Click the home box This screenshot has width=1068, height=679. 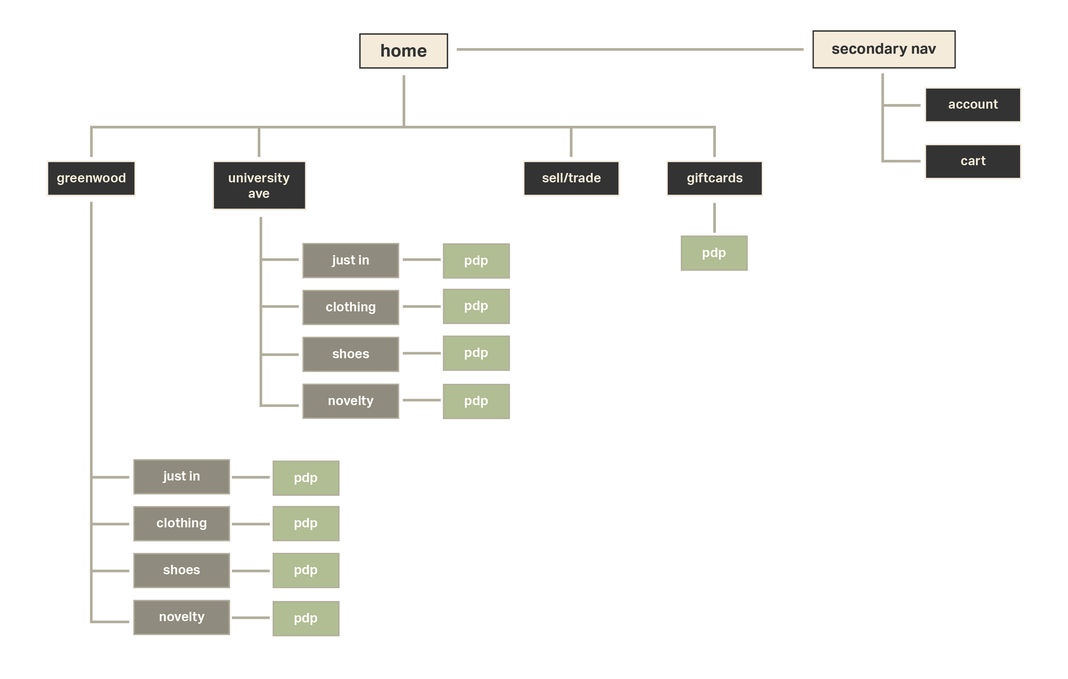(x=403, y=51)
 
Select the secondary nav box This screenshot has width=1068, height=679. (x=884, y=49)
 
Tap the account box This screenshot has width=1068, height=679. (x=973, y=104)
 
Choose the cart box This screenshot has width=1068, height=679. (x=973, y=161)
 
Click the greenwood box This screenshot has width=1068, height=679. (x=91, y=178)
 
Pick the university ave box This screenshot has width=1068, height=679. (x=259, y=185)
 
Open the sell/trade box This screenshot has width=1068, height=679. (x=571, y=178)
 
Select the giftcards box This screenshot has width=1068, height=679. (x=715, y=178)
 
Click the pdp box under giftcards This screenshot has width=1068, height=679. (x=714, y=253)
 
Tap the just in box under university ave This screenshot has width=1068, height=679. (x=350, y=260)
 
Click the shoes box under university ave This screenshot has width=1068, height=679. (x=350, y=354)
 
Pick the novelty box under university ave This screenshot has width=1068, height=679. (x=350, y=401)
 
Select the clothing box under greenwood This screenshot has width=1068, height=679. (x=182, y=523)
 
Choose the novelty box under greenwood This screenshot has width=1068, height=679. (x=182, y=617)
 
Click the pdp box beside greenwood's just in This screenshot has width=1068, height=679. (x=306, y=478)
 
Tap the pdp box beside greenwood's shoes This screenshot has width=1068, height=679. (x=306, y=570)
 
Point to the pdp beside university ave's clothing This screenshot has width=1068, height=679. (x=476, y=306)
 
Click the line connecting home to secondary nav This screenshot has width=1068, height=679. (x=630, y=49)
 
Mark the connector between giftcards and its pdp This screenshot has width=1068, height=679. (x=714, y=217)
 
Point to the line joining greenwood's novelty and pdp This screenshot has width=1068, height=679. (x=250, y=617)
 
